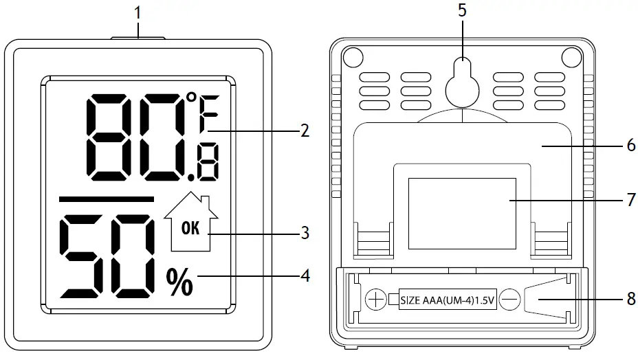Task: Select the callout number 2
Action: coord(304,131)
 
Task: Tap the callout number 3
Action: coord(304,234)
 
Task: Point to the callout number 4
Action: coord(304,276)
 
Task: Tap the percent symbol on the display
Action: coord(179,282)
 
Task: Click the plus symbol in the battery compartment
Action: coord(375,300)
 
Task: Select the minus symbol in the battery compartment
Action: coord(509,300)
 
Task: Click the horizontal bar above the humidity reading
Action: coord(107,199)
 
